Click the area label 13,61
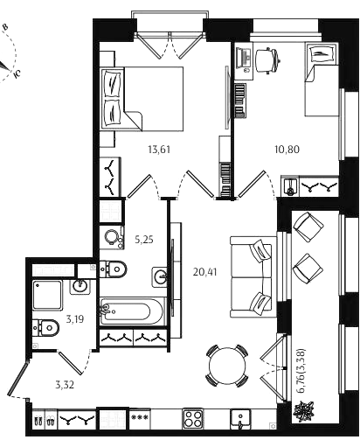point(159,150)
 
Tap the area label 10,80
point(287,150)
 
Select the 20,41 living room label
point(204,272)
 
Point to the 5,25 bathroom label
point(144,240)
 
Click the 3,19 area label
point(75,319)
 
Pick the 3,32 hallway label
point(65,385)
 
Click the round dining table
point(227,366)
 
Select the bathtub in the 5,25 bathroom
point(133,311)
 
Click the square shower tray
point(47,295)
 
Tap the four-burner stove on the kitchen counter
point(193,418)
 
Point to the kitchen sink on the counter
point(240,419)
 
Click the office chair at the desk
point(267,60)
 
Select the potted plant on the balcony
point(304,411)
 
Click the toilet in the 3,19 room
point(45,327)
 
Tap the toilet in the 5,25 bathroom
point(114,269)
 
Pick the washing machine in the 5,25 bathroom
point(111,238)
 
